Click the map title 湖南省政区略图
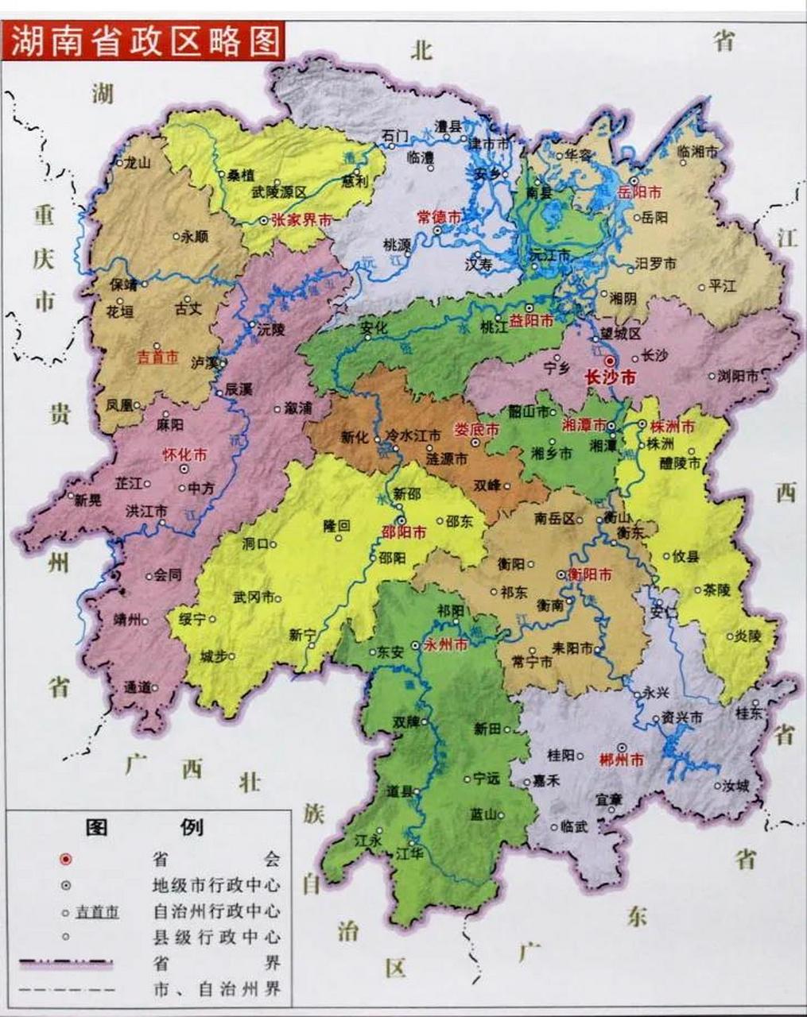pyautogui.click(x=146, y=40)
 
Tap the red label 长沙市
pyautogui.click(x=610, y=379)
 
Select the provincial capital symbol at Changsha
pyautogui.click(x=610, y=362)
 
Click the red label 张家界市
pyautogui.click(x=301, y=221)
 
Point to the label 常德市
pyautogui.click(x=440, y=216)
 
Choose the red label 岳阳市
pyautogui.click(x=640, y=193)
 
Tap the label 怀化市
pyautogui.click(x=184, y=455)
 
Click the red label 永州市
pyautogui.click(x=446, y=645)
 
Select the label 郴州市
pyautogui.click(x=623, y=760)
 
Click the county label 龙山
pyautogui.click(x=137, y=162)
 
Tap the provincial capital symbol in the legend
pyautogui.click(x=66, y=859)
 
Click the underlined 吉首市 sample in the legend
pyautogui.click(x=97, y=912)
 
